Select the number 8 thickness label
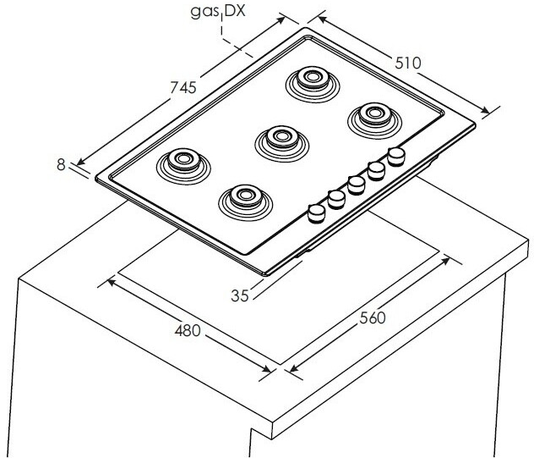[x=61, y=165]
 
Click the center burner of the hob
[x=277, y=138]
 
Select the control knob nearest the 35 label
[x=317, y=212]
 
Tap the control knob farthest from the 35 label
[x=395, y=157]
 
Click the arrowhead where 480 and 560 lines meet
[x=280, y=370]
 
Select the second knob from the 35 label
[x=336, y=198]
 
